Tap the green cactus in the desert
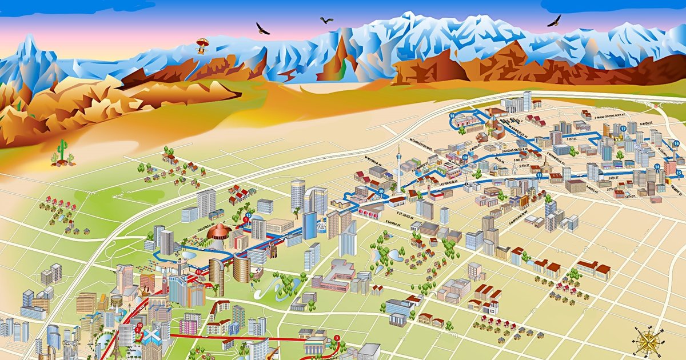coord(62,151)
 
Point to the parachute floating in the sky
coord(202,45)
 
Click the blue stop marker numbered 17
coord(623,129)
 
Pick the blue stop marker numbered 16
coord(677,143)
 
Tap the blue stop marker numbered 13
coord(539,175)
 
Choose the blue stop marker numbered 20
coord(381,191)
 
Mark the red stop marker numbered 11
coord(198,272)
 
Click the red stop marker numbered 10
coord(140,326)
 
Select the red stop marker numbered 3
coord(337,337)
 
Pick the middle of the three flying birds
coord(326,21)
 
